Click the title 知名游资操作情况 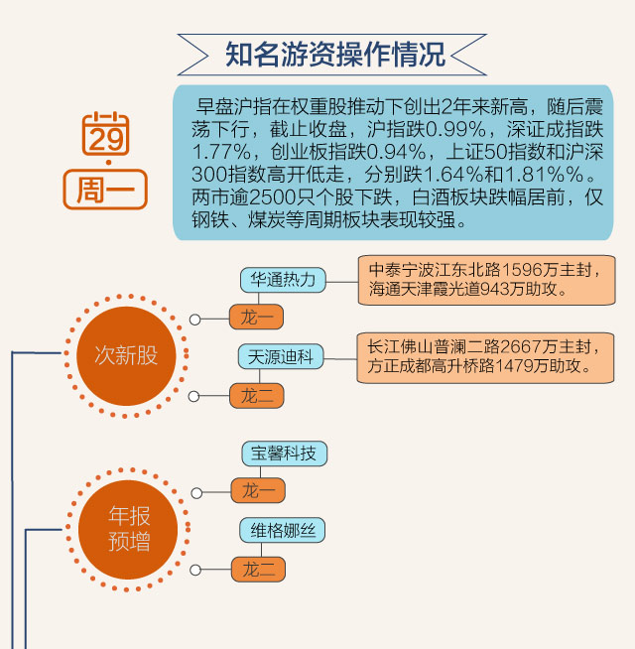333,54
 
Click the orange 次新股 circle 126,354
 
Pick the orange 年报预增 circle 126,528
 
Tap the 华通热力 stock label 283,279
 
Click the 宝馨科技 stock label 283,454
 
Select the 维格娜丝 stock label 283,531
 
